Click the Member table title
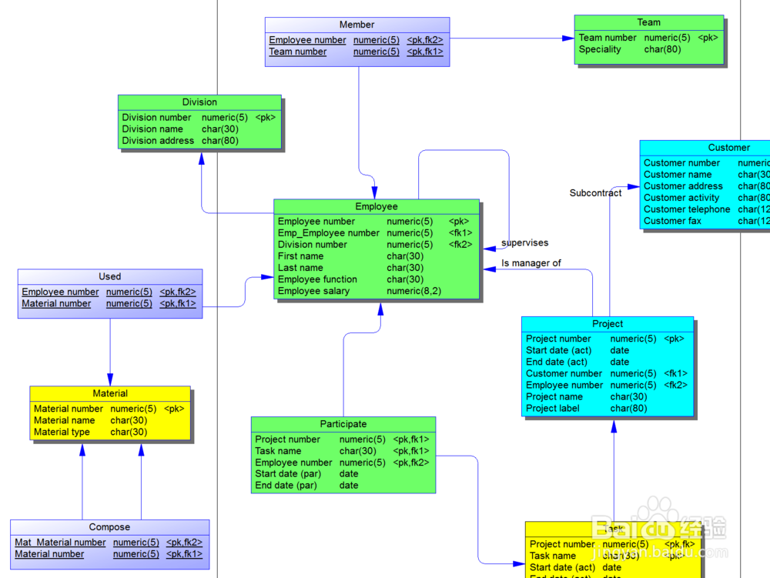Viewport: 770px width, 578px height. (x=357, y=25)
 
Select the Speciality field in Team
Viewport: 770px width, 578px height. (x=600, y=49)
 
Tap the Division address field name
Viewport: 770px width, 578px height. (x=158, y=141)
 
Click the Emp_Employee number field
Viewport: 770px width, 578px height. (x=329, y=233)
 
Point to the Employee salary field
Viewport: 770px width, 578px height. (x=313, y=291)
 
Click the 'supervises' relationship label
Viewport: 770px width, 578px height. (x=524, y=243)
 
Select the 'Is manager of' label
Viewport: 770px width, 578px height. (x=531, y=263)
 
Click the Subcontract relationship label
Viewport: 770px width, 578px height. (x=595, y=193)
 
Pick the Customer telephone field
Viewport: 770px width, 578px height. (x=687, y=209)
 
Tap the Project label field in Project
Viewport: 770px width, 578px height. (x=553, y=409)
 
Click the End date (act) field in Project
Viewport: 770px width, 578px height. (x=557, y=362)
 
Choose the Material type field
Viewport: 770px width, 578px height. (x=62, y=432)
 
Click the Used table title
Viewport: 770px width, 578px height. (x=110, y=276)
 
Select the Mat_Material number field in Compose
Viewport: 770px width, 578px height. (x=60, y=543)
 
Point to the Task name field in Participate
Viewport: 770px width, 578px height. (x=278, y=451)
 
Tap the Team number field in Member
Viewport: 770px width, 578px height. (x=297, y=52)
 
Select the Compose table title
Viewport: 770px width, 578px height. (x=109, y=527)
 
